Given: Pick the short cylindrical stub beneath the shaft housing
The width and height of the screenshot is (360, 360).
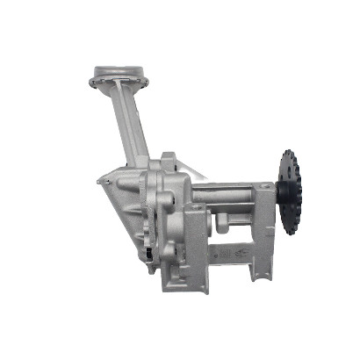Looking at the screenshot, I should point(221,227).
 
